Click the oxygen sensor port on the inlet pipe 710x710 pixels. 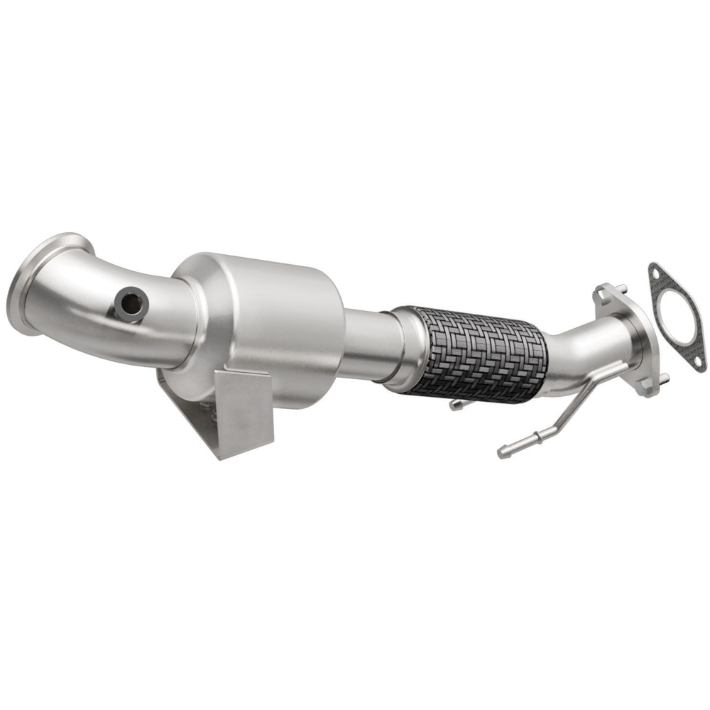(x=131, y=304)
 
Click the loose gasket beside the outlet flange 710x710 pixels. (x=677, y=316)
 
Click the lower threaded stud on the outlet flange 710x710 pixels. (x=665, y=377)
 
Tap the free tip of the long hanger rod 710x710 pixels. (x=503, y=451)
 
